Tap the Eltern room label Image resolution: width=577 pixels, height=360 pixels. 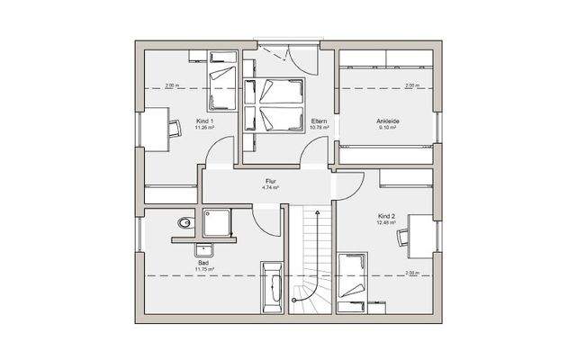318,121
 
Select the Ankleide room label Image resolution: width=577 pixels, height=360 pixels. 389,121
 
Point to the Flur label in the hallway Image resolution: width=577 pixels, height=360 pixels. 270,182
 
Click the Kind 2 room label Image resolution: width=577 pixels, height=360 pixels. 387,217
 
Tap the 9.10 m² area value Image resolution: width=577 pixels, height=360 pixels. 389,127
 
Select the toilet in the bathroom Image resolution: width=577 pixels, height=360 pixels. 183,221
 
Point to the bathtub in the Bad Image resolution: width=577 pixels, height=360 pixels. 271,288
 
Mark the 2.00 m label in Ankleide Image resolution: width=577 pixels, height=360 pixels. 412,85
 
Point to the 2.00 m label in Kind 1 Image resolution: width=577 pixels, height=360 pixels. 173,85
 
